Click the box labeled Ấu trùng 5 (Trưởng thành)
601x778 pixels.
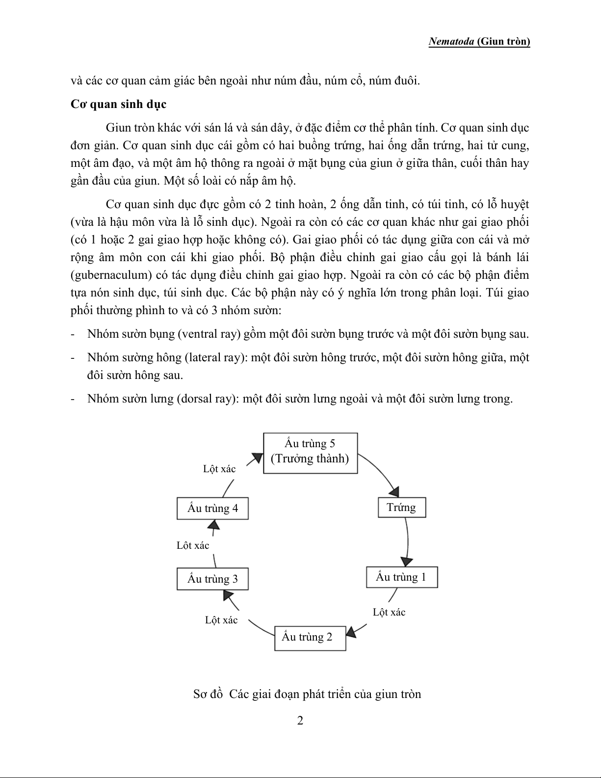[310, 453]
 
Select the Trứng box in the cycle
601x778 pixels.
[401, 508]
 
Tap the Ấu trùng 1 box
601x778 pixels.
[401, 577]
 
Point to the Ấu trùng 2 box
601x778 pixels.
[310, 638]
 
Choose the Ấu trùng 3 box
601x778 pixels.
[212, 579]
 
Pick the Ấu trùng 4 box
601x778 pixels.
[212, 509]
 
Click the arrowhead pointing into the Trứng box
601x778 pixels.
[394, 491]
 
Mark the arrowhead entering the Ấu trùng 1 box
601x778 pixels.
[406, 561]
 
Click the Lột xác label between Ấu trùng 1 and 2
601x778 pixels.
[389, 612]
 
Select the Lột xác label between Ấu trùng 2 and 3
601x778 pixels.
[221, 620]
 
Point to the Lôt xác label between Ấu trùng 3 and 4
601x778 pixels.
[193, 545]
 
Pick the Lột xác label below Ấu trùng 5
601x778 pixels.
[219, 469]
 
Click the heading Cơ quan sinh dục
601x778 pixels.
[119, 104]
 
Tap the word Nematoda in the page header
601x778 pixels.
[451, 42]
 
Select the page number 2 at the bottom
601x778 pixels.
[300, 721]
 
